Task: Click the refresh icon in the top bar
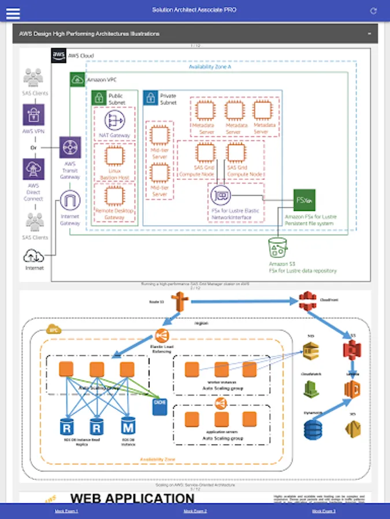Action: (374, 11)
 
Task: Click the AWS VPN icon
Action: (34, 115)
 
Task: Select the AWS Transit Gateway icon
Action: (70, 148)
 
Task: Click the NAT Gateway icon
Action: (114, 121)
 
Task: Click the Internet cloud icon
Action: (34, 255)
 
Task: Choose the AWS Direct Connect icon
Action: (34, 170)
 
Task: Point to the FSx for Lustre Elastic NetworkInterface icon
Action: (221, 196)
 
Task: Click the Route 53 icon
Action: (180, 301)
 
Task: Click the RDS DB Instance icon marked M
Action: (128, 427)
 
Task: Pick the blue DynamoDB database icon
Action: (313, 428)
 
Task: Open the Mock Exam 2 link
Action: (195, 511)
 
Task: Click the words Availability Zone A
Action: (210, 67)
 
